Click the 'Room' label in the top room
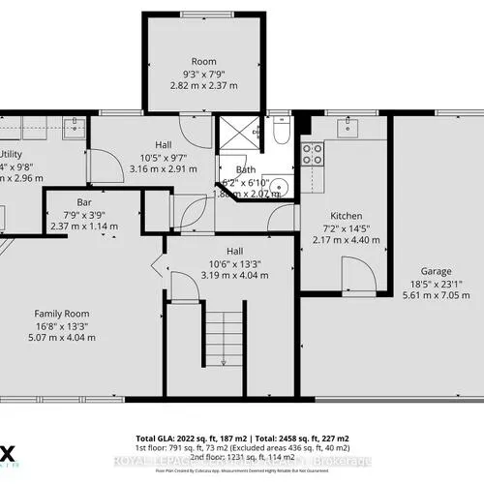(203, 60)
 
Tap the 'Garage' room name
(436, 271)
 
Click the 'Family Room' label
(63, 313)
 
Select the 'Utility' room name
(10, 154)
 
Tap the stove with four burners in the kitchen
(313, 151)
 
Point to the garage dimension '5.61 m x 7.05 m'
(436, 296)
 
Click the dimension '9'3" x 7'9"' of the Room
(203, 73)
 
